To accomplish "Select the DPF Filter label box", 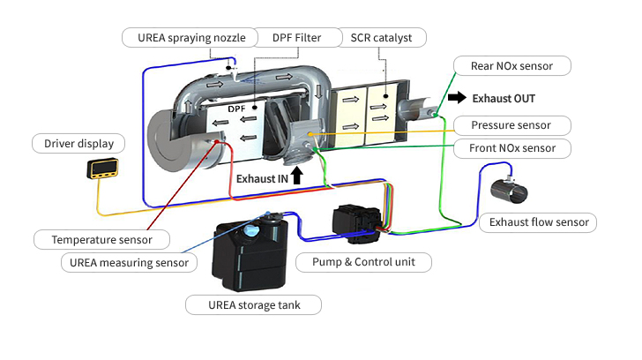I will (x=296, y=37).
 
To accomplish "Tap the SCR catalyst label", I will (x=382, y=37).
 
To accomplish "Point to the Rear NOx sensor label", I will (x=511, y=65).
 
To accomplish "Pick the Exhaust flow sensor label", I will (x=538, y=221).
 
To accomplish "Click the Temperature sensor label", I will (x=101, y=239).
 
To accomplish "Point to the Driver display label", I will (x=78, y=143).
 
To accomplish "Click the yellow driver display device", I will (x=103, y=168).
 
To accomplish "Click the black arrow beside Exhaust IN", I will (x=296, y=176).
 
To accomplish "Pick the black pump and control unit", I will (x=360, y=223).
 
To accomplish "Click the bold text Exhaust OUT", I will (x=504, y=98).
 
